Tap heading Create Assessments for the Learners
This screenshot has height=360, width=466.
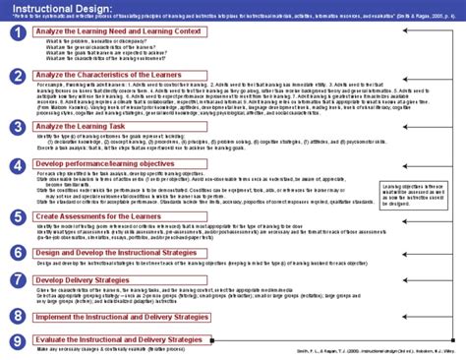(x=98, y=213)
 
